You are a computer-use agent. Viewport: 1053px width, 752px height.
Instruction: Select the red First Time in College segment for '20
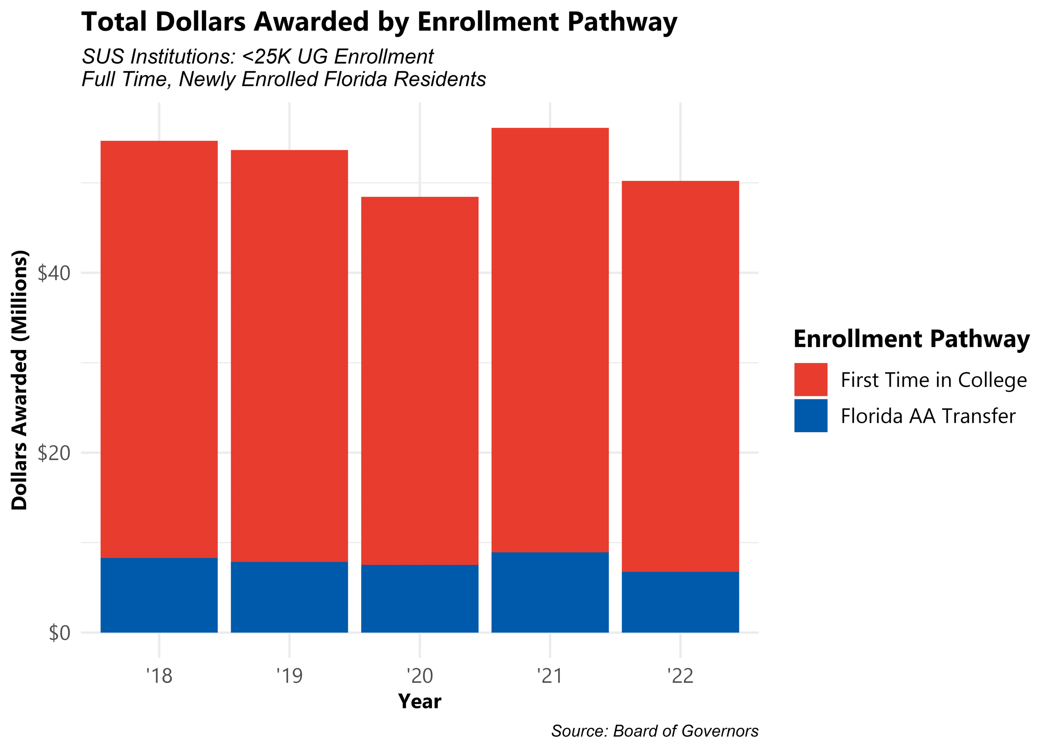419,380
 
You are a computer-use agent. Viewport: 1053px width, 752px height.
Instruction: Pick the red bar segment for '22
680,376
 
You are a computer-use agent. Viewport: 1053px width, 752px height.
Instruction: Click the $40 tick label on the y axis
54,273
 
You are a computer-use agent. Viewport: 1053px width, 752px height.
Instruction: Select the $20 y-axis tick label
54,453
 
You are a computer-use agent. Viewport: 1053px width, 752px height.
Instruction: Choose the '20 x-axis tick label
419,676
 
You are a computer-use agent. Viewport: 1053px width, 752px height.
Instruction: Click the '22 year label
680,676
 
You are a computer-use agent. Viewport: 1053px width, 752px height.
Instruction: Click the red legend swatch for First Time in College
810,379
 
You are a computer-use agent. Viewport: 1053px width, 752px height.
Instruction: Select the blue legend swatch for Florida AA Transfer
810,415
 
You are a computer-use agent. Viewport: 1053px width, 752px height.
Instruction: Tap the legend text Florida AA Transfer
928,416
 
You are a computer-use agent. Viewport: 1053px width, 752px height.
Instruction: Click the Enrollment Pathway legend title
911,339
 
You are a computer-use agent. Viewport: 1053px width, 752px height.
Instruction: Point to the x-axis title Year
419,702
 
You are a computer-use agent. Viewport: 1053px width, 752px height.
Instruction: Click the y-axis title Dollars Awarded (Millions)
19,380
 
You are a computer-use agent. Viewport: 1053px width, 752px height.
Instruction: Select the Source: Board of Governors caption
654,731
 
